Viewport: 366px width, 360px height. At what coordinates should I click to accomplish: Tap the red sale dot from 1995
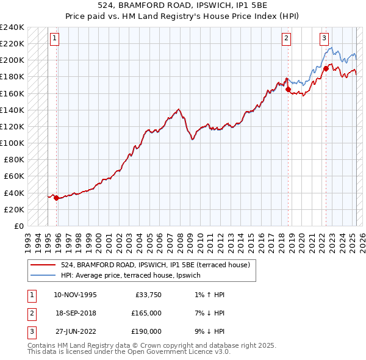[x=56, y=198]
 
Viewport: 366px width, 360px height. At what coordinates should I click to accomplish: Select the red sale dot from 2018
[x=288, y=89]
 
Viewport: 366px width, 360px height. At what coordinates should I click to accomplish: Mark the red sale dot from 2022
[x=326, y=68]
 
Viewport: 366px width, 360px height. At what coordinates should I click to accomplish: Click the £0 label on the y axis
[x=19, y=226]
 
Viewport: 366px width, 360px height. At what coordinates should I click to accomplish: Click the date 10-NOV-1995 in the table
[x=75, y=295]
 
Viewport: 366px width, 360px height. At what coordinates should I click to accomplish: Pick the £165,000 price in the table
[x=146, y=313]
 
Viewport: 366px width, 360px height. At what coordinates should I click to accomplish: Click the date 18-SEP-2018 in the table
[x=75, y=313]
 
